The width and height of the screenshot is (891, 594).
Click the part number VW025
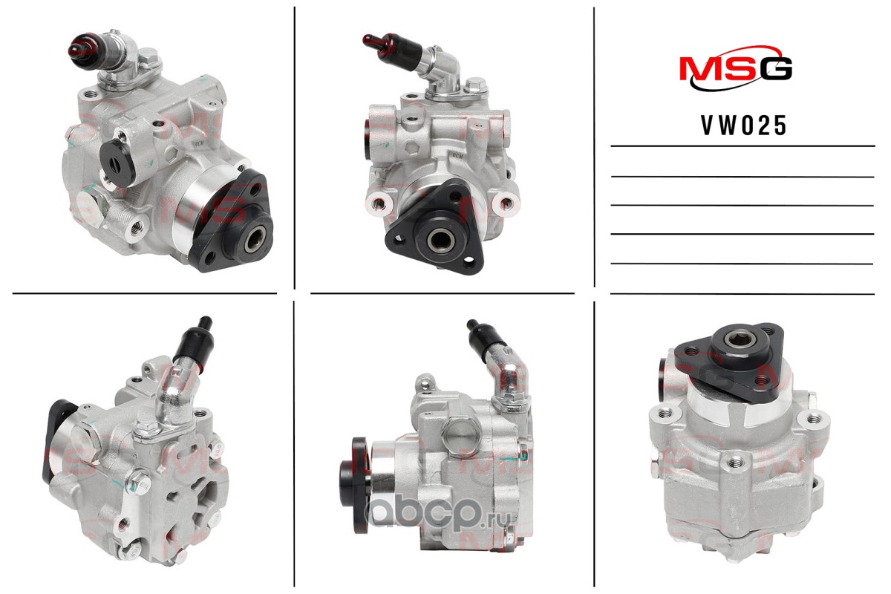click(x=743, y=125)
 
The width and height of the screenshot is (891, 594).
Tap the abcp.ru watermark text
click(x=437, y=513)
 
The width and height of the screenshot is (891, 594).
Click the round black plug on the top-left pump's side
click(x=118, y=163)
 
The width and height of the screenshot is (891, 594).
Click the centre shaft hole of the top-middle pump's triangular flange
click(x=440, y=239)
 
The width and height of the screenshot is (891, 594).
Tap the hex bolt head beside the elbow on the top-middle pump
click(x=475, y=87)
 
